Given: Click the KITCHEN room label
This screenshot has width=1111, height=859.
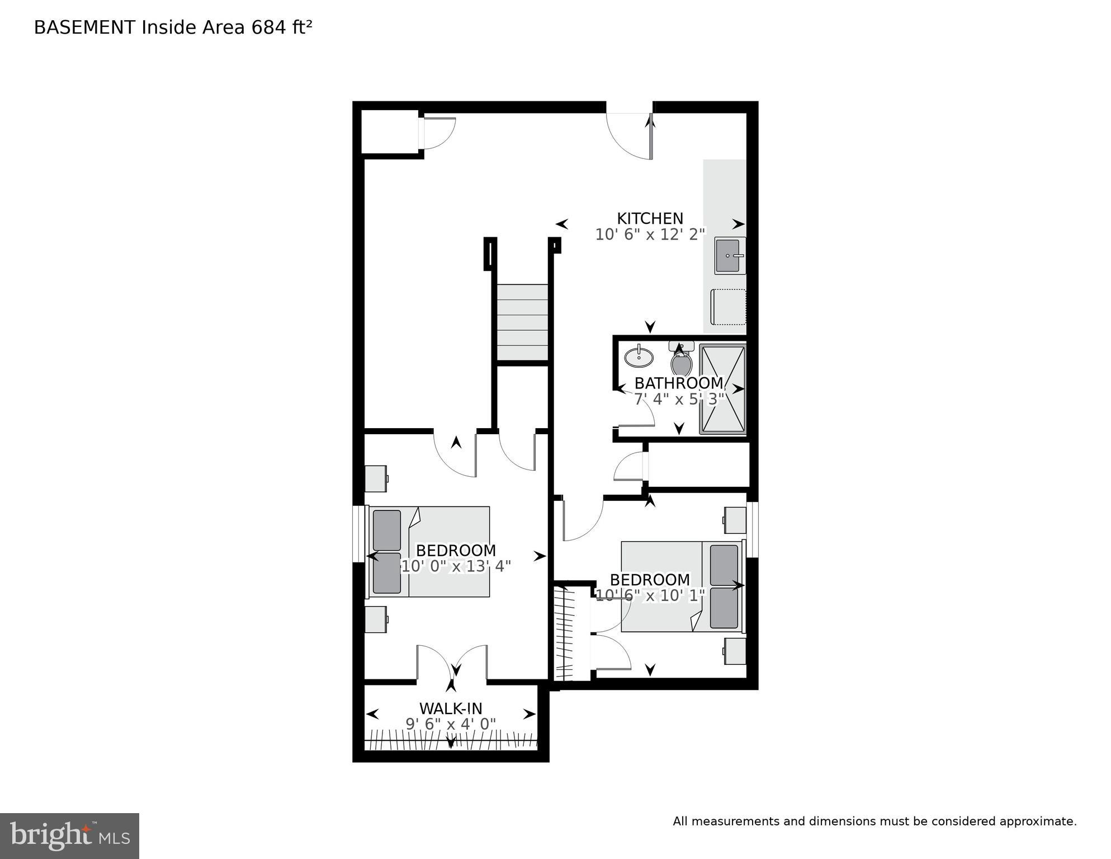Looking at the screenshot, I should [x=650, y=218].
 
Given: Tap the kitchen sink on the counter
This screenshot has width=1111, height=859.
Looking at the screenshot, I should [x=729, y=256].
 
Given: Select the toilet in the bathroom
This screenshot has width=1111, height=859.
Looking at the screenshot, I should [x=682, y=362].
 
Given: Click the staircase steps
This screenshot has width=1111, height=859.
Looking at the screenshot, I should [x=522, y=322].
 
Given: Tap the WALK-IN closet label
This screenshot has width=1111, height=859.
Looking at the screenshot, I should [x=451, y=708].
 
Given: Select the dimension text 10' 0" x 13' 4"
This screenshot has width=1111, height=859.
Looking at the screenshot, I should [x=456, y=566].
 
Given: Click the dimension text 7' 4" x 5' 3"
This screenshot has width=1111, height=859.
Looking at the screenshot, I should [x=679, y=399].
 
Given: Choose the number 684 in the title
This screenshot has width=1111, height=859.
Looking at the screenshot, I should [x=269, y=27].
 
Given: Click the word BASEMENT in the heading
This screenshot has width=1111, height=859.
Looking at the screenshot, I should [x=84, y=27].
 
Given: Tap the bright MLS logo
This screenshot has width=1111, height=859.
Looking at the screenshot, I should [x=69, y=835].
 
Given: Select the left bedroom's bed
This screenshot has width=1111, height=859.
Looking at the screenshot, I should [x=429, y=552].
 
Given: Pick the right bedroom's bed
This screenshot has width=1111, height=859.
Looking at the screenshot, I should [x=682, y=586].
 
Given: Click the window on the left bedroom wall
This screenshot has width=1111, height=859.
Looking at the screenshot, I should [x=358, y=533].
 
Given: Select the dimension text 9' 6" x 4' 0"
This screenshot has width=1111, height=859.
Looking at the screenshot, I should [x=451, y=724].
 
